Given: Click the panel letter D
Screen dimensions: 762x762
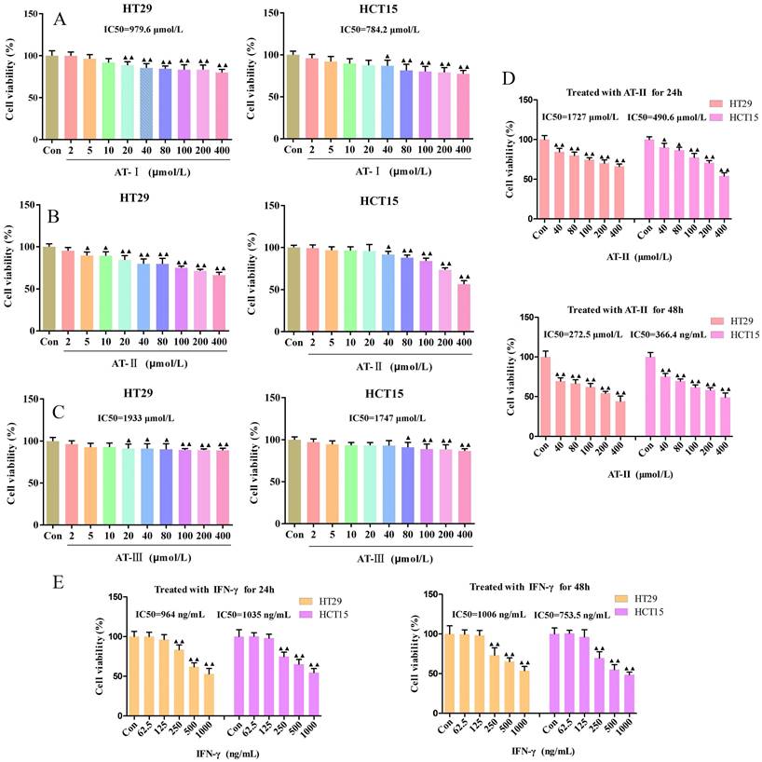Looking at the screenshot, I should tap(509, 79).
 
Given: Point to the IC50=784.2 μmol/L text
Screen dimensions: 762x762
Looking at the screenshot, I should tap(379, 29).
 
